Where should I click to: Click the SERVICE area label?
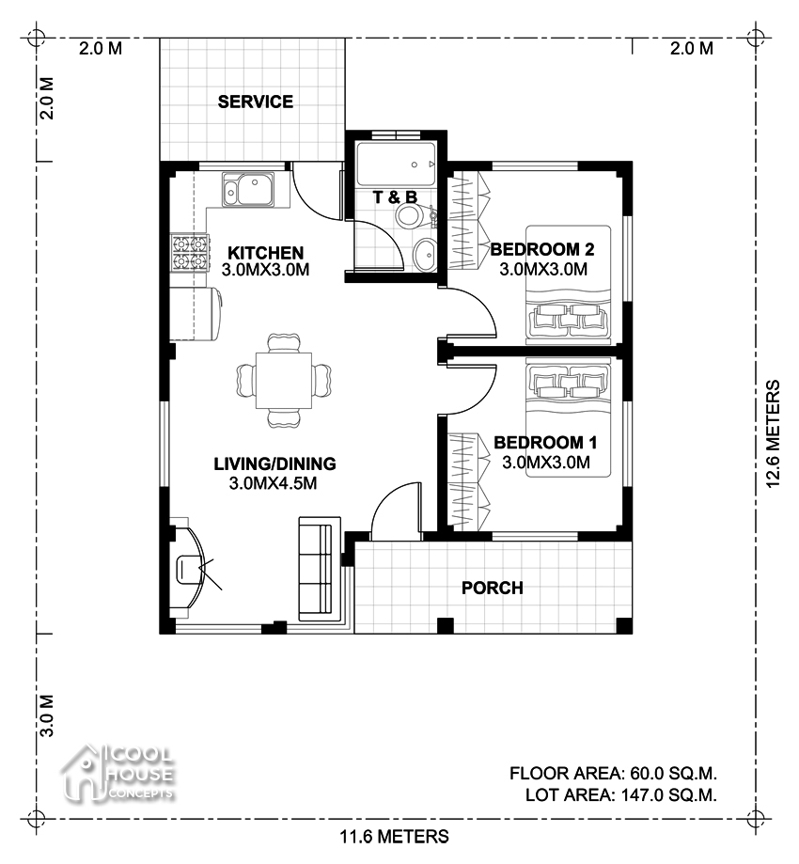click(x=256, y=102)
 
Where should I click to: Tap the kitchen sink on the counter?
click(x=247, y=190)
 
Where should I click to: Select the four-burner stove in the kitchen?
click(x=188, y=252)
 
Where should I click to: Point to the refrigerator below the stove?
click(x=196, y=313)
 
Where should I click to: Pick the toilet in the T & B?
click(x=411, y=216)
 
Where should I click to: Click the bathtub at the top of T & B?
click(x=396, y=164)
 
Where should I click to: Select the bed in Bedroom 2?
click(x=569, y=282)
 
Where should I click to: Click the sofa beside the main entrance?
click(x=316, y=567)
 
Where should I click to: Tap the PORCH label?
click(x=492, y=589)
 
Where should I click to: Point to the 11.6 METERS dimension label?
click(x=394, y=836)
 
